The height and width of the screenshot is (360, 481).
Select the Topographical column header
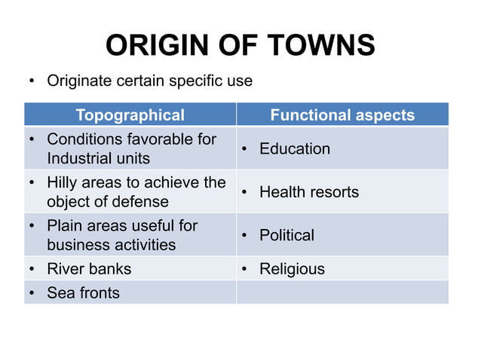[130, 115]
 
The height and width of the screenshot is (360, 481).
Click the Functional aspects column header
[342, 115]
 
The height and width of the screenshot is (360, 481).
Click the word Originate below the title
[81, 80]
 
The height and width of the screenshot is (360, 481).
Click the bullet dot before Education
[246, 149]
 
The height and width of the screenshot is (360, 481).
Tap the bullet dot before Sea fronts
[33, 293]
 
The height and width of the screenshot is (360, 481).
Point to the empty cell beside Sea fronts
[342, 292]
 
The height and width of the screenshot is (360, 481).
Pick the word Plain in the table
[64, 225]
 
